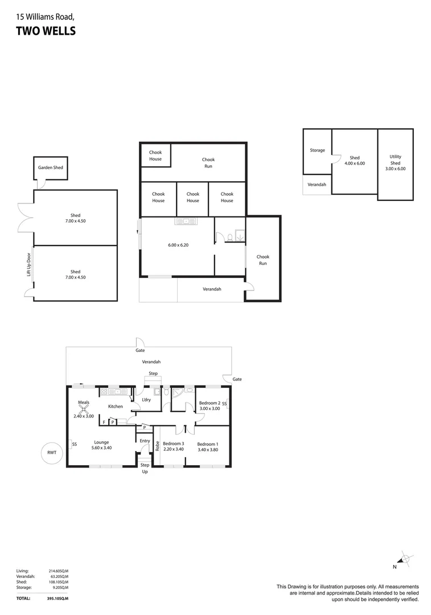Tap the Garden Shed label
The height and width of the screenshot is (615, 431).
coord(50,168)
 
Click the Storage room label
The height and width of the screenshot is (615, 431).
coord(317,150)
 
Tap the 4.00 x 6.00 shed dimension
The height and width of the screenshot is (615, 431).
coord(354,163)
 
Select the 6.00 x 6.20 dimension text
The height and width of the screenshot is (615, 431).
coord(179,245)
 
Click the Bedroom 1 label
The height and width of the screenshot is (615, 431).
coord(208,444)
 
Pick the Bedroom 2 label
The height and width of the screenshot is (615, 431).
coord(209,403)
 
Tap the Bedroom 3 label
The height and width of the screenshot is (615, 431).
coord(173,444)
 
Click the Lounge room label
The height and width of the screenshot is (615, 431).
coord(101,442)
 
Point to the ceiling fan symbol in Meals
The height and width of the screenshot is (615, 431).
coord(84,408)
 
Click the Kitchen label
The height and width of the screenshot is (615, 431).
coord(116,406)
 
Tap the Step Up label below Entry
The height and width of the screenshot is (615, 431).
coord(145,468)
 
